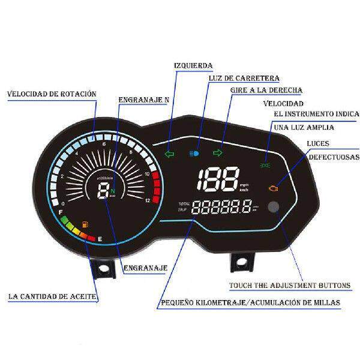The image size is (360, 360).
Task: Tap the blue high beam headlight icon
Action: click(x=194, y=152)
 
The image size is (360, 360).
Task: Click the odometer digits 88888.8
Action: click(x=222, y=208)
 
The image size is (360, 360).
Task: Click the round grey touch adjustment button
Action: click(x=275, y=208)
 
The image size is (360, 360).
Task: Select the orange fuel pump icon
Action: click(x=83, y=225)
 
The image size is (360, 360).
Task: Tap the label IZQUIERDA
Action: click(x=193, y=65)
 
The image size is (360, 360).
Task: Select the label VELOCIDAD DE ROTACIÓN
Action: click(x=52, y=94)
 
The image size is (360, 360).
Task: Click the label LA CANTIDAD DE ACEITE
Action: click(x=52, y=296)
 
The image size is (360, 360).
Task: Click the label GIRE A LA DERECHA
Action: click(x=266, y=90)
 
